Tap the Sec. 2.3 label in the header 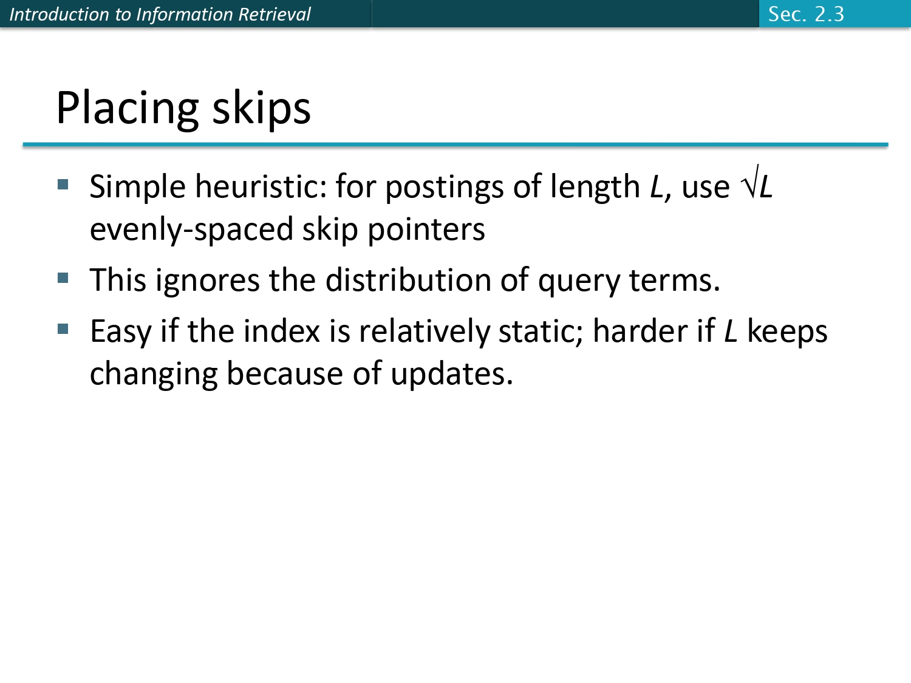tap(806, 14)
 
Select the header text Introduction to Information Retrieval tap(160, 14)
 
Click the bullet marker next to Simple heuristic tap(63, 184)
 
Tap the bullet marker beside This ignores tap(63, 278)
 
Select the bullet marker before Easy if tap(63, 329)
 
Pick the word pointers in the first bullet tap(426, 230)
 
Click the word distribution tap(408, 280)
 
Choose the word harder tap(640, 331)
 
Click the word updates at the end tap(451, 375)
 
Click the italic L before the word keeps tap(731, 331)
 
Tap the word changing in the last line tap(154, 375)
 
